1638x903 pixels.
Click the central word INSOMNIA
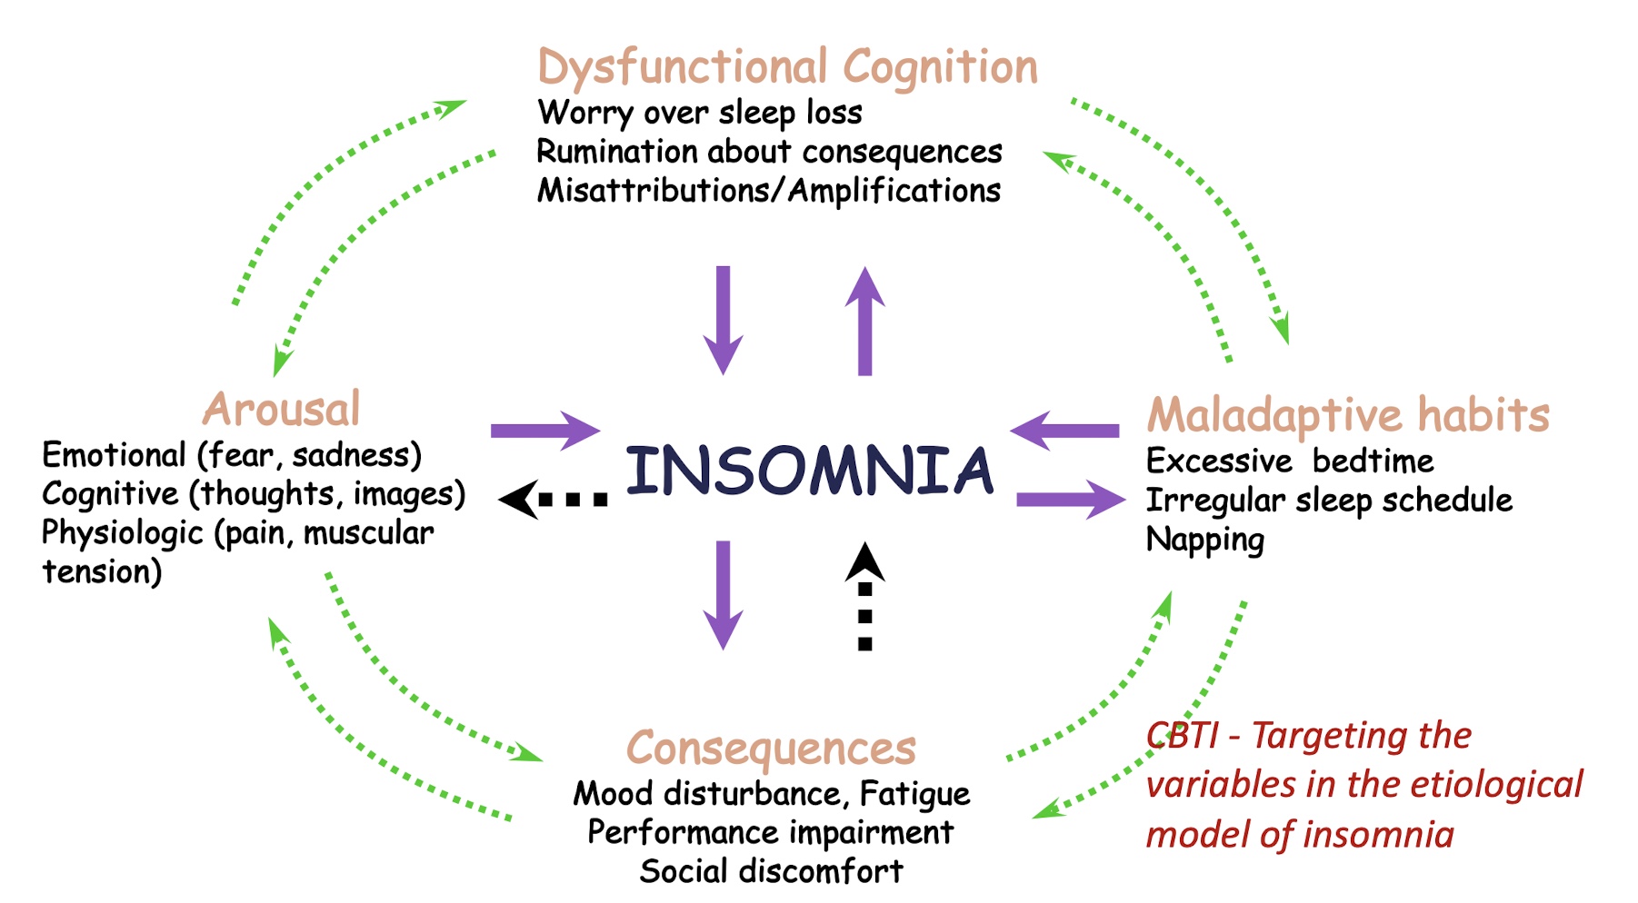(x=809, y=471)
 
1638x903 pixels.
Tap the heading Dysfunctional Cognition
(x=787, y=67)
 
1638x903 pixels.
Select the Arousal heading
(x=282, y=409)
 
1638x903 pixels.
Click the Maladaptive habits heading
(x=1348, y=415)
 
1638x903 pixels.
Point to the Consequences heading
(x=771, y=749)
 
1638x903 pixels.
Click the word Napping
(x=1204, y=541)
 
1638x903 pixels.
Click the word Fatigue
(x=914, y=794)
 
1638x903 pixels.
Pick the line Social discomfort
(x=771, y=871)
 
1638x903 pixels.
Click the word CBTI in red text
(x=1182, y=736)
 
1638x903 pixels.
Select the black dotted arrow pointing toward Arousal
(x=553, y=500)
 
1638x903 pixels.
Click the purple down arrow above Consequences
(x=724, y=595)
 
